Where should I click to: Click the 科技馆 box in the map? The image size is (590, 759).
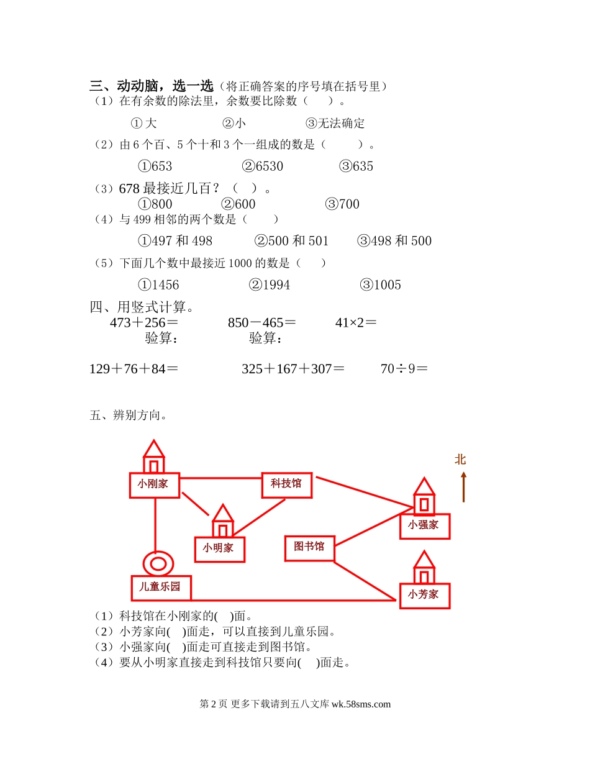click(x=286, y=484)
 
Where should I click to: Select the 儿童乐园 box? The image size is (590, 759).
click(x=161, y=587)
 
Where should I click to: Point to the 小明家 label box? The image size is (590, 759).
click(x=219, y=549)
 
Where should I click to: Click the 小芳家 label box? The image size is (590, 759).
click(x=424, y=595)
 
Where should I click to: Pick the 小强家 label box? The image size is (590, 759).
click(x=424, y=525)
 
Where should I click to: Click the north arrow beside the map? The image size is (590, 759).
click(x=463, y=487)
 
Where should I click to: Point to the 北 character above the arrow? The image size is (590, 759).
click(x=460, y=460)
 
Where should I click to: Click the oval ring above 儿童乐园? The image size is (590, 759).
click(x=158, y=563)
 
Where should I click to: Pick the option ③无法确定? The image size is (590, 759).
click(x=335, y=123)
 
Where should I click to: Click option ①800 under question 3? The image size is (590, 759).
click(x=155, y=204)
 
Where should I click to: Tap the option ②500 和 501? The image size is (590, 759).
click(x=292, y=241)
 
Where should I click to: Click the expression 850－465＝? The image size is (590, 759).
click(x=261, y=322)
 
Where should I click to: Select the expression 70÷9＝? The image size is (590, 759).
click(x=404, y=368)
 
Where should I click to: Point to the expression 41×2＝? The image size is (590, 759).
click(x=356, y=322)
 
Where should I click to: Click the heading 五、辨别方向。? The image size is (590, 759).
click(x=128, y=416)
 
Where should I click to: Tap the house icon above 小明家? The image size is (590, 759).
click(x=222, y=520)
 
